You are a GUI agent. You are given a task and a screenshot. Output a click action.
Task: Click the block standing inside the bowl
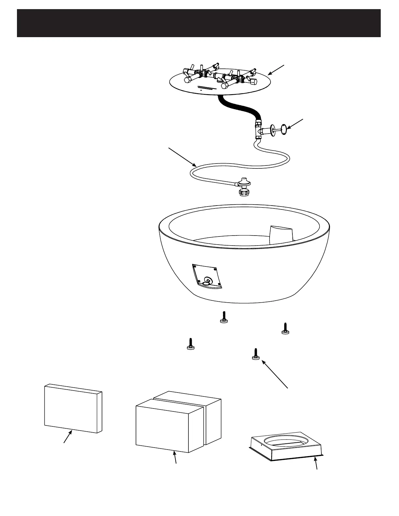click(x=281, y=234)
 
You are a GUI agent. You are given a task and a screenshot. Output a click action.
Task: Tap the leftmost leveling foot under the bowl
click(x=191, y=345)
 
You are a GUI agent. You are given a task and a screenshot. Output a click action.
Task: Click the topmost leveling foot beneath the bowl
click(x=223, y=318)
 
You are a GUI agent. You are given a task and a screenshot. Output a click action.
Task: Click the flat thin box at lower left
click(x=73, y=408)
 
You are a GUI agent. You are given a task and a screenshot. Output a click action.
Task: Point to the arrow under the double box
click(x=175, y=457)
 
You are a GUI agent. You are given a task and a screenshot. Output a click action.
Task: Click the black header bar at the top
click(x=199, y=23)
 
